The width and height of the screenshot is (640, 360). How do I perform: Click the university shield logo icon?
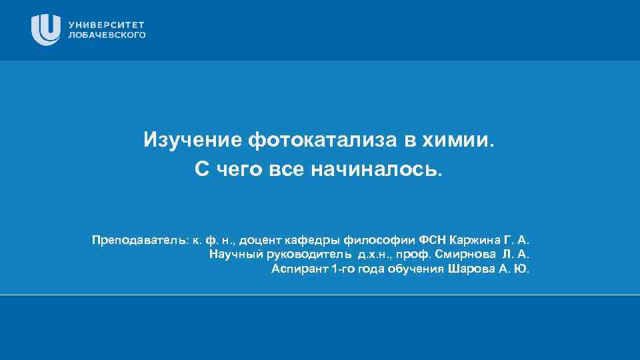pyautogui.click(x=46, y=29)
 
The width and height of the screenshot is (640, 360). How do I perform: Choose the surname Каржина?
pyautogui.click(x=476, y=239)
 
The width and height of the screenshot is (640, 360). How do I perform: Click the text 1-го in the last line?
pyautogui.click(x=344, y=269)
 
